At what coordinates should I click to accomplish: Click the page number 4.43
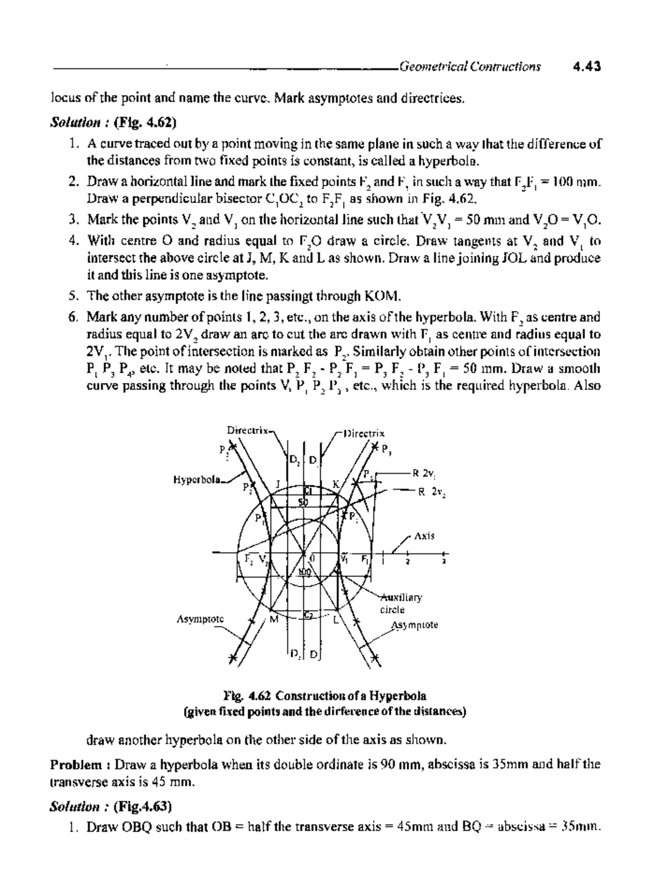[x=587, y=67]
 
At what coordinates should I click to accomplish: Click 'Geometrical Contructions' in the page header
[x=469, y=67]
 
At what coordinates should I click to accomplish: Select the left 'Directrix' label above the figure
[x=248, y=430]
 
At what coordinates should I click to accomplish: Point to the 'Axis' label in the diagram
[x=424, y=536]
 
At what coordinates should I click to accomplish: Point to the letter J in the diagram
[x=277, y=483]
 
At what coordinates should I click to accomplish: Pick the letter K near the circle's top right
[x=335, y=484]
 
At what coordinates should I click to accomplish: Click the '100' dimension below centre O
[x=303, y=572]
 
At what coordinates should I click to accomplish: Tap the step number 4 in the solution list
[x=72, y=241]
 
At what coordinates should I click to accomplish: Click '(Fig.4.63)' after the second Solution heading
[x=142, y=806]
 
